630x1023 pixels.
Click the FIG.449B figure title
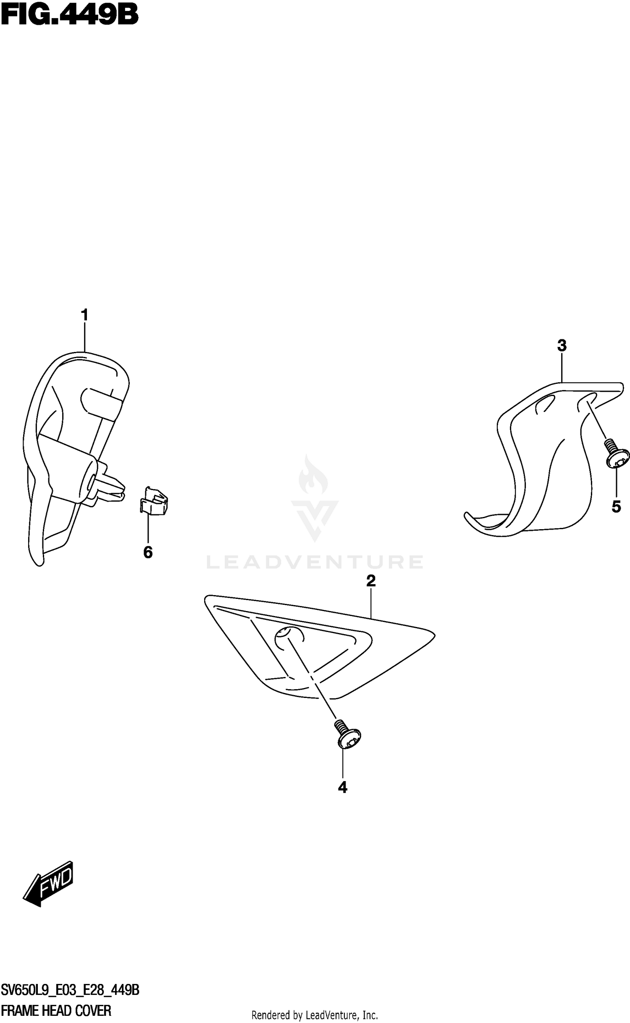point(69,16)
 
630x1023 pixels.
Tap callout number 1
point(84,315)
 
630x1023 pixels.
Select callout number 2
point(370,581)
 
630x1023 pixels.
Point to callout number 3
point(562,346)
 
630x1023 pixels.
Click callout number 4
point(343,787)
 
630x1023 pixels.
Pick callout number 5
point(616,507)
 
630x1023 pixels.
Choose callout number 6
point(148,553)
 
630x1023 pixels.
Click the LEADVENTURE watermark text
point(315,562)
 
